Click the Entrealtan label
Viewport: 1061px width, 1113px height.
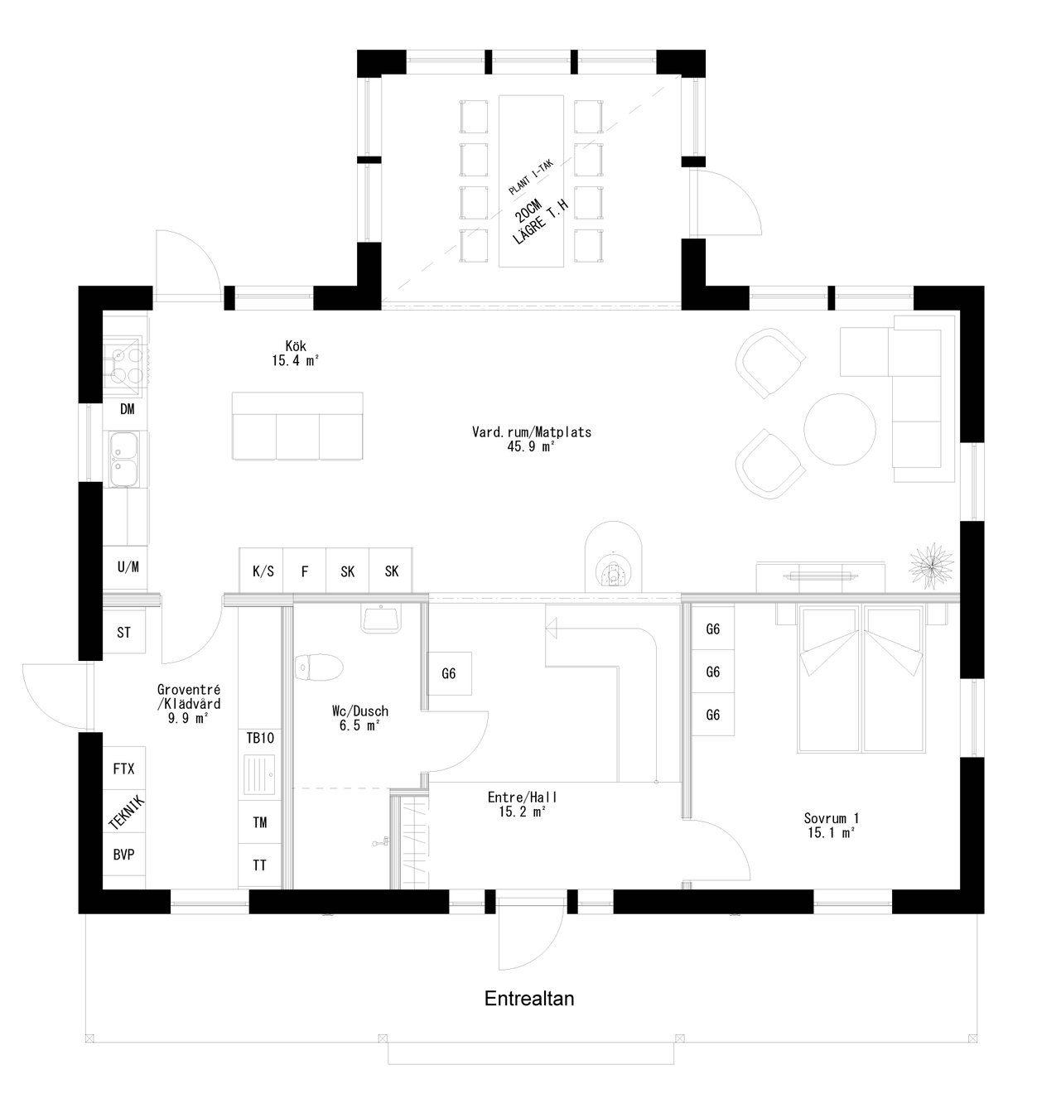pyautogui.click(x=529, y=999)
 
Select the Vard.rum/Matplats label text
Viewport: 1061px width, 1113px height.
pyautogui.click(x=532, y=438)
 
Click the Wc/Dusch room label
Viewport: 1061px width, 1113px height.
pyautogui.click(x=359, y=717)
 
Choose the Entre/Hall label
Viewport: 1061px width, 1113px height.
pyautogui.click(x=523, y=804)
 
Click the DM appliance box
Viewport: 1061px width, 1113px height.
pyautogui.click(x=127, y=409)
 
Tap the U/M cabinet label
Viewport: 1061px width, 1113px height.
pyautogui.click(x=128, y=567)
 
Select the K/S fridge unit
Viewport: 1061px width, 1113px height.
pyautogui.click(x=263, y=571)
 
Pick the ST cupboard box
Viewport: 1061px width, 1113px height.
pyautogui.click(x=124, y=634)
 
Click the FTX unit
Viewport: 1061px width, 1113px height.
pyautogui.click(x=123, y=768)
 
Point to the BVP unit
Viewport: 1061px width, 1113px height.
pyautogui.click(x=123, y=855)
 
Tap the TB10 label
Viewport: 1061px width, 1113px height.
pyautogui.click(x=259, y=738)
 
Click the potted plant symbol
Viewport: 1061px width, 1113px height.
pyautogui.click(x=928, y=565)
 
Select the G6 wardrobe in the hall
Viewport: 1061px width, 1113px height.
pyautogui.click(x=449, y=673)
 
